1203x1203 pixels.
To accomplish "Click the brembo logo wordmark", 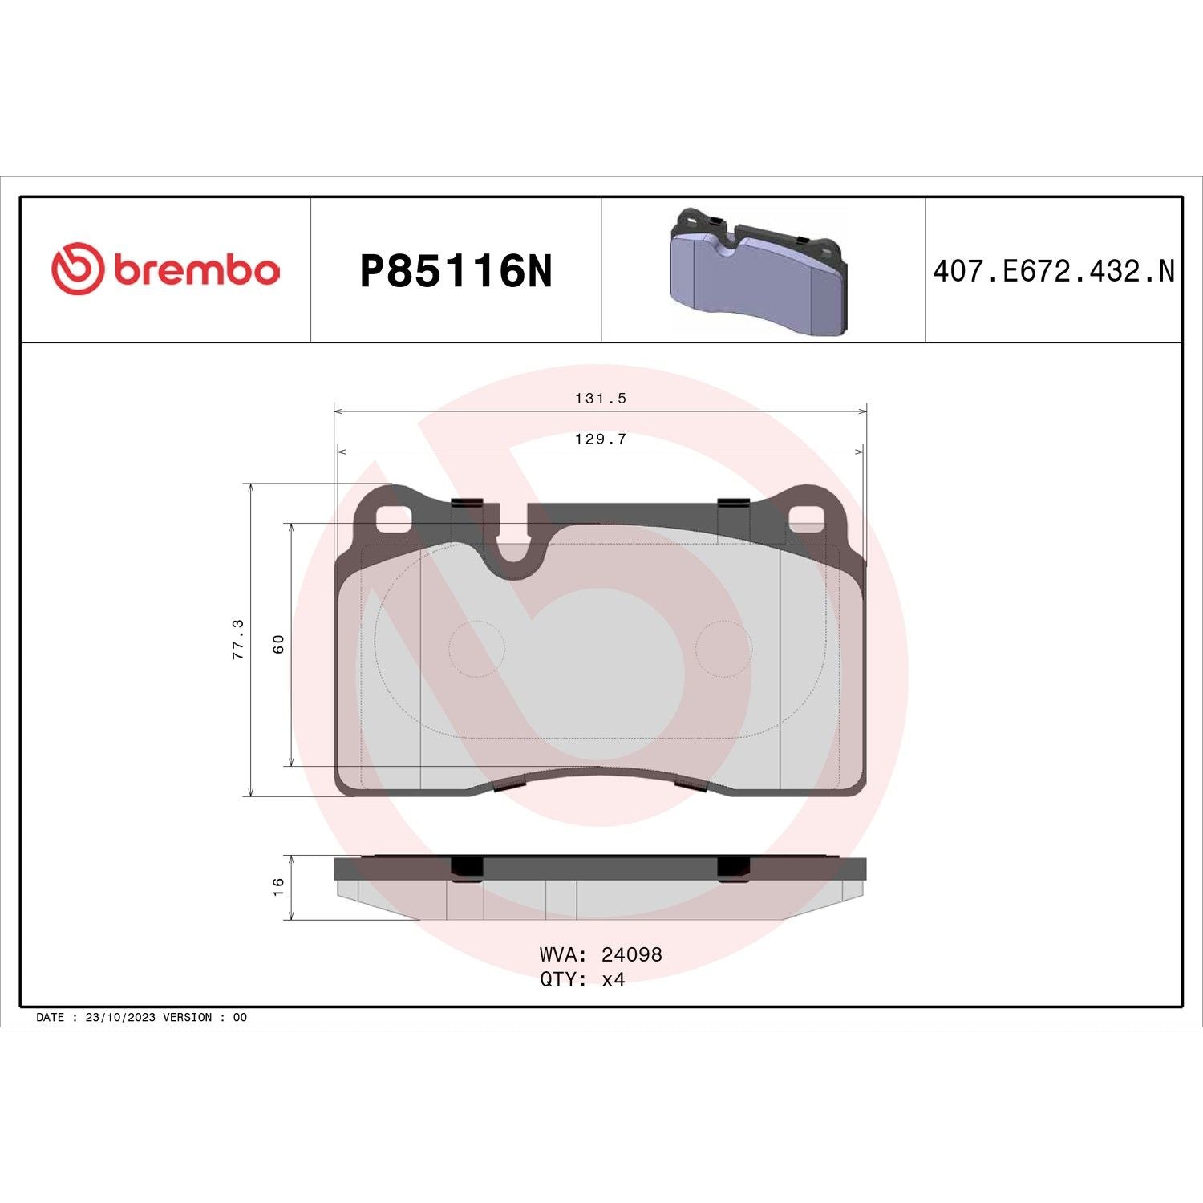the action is pos(197,270).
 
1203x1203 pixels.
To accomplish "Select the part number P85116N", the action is pos(456,271).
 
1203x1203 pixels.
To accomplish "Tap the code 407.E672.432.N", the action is pos(1053,271).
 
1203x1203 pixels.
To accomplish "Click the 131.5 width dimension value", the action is pos(601,398).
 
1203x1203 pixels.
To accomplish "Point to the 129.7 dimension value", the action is pos(601,439).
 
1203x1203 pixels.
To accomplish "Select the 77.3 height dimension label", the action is pos(237,639).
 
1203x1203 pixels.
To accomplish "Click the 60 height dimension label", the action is pos(278,644).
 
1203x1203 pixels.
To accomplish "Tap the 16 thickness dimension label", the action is pos(278,886).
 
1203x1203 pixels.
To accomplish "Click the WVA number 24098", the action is pos(632,954).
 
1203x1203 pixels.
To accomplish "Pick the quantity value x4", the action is pos(614,979).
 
